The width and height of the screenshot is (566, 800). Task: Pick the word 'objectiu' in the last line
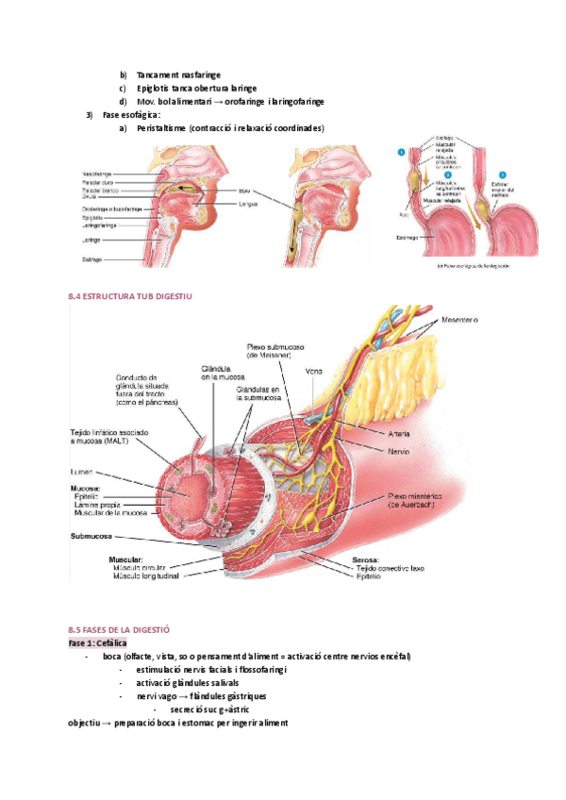pos(89,723)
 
